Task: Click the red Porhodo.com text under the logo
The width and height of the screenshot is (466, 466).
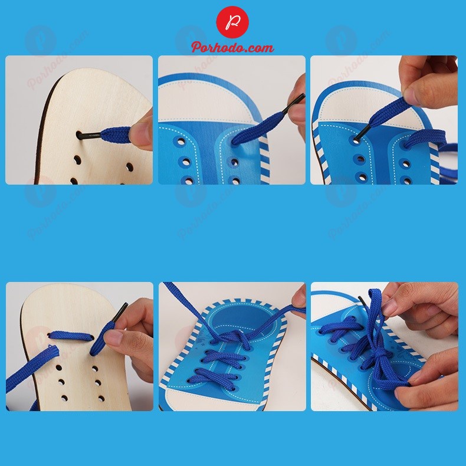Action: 232,47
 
